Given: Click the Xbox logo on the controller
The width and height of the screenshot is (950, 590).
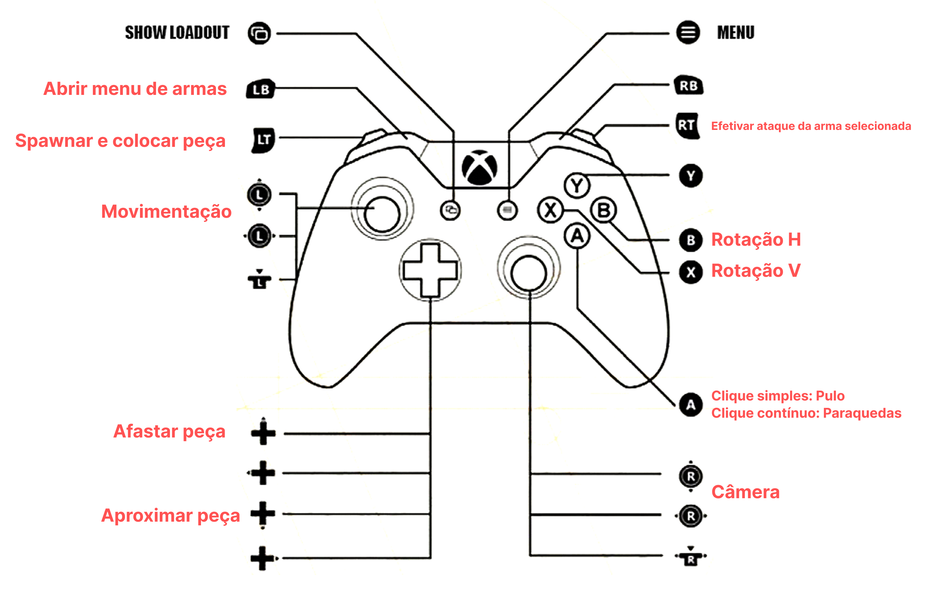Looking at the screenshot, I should [x=479, y=167].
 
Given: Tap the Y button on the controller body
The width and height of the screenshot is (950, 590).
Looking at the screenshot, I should [x=577, y=185].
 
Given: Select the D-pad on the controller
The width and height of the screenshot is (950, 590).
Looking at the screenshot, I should [x=430, y=270].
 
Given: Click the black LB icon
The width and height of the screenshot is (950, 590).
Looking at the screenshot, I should [x=261, y=89].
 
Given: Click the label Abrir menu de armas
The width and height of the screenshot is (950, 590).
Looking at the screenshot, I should [x=135, y=89].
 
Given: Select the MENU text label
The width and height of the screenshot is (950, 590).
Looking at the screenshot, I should [x=736, y=32].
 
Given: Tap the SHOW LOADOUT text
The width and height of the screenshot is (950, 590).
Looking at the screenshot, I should [x=177, y=32].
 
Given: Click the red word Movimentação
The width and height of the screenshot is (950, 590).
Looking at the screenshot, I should [x=167, y=212].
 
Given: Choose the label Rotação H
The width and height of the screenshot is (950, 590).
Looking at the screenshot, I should [x=756, y=240].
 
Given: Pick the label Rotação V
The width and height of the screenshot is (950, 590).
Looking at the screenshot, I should [x=756, y=271].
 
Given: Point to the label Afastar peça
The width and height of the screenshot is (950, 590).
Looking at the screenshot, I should [x=169, y=432].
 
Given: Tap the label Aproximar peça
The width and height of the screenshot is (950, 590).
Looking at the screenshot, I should [x=170, y=515].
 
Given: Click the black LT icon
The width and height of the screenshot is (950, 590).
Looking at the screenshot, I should [x=264, y=140].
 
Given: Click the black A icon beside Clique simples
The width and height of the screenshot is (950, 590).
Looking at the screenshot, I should [x=690, y=405].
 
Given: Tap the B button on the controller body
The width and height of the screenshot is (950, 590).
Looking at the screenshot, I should [x=603, y=210].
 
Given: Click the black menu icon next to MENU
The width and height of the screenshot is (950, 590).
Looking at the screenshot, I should [x=688, y=32].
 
